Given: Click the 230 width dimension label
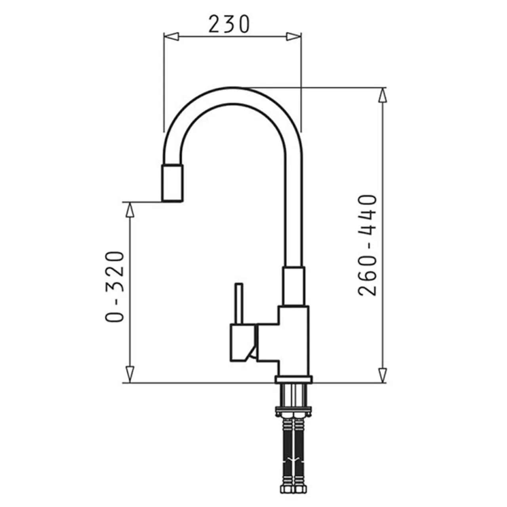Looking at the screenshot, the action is click(229, 25).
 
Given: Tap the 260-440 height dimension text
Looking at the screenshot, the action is click(367, 246).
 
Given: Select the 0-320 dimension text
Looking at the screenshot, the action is click(114, 287).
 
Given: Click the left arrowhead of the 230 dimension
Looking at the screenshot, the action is click(171, 36).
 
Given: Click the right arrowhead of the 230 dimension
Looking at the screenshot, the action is click(294, 36).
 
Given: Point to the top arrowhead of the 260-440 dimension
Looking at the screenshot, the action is click(383, 95).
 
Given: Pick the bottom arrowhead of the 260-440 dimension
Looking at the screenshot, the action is click(383, 375).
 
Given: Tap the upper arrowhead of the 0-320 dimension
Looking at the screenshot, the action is click(130, 210).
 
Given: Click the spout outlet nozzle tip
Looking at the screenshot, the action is click(172, 183).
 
